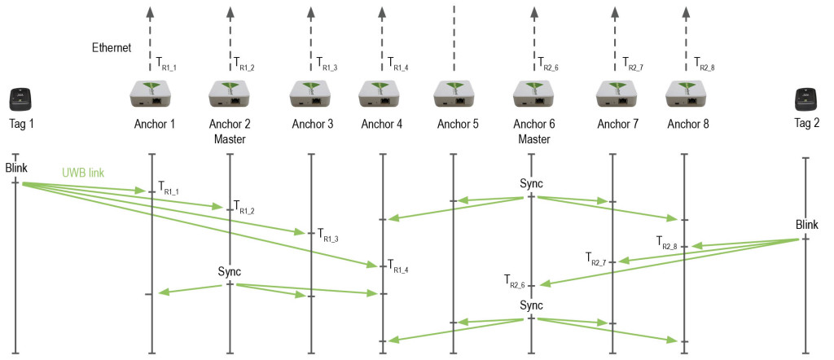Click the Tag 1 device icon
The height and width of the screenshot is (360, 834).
point(22,99)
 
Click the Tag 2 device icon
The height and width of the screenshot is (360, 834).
point(806,99)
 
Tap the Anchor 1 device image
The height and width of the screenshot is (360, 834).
point(154,94)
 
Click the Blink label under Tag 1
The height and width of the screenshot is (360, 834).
point(16,168)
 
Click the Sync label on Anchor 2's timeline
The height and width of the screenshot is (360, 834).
point(230,270)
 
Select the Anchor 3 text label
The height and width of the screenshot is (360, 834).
point(312,125)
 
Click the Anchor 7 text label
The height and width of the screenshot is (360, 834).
point(618,125)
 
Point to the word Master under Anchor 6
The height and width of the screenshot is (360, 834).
point(533,138)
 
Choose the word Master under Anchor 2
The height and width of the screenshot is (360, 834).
point(230,138)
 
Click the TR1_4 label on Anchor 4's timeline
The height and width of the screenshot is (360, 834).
point(397,266)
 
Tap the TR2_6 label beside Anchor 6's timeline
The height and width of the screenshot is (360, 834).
point(515,282)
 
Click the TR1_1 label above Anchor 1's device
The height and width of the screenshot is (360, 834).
point(167,62)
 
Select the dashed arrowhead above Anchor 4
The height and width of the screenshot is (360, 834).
point(383,11)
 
